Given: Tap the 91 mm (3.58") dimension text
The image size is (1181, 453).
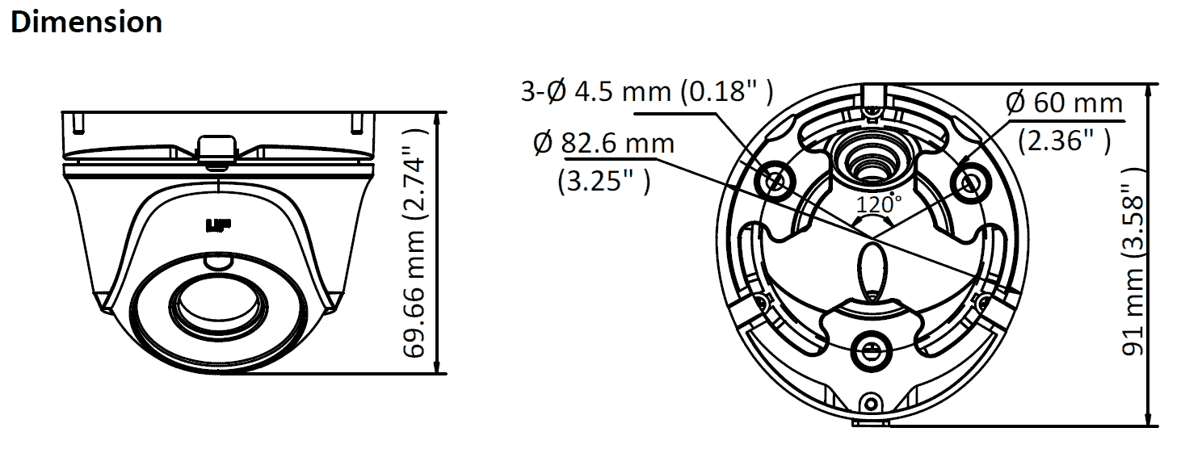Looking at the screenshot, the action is click(1133, 262).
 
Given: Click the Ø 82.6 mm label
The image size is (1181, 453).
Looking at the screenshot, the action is click(603, 143).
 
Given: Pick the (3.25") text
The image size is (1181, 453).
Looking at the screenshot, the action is click(604, 181).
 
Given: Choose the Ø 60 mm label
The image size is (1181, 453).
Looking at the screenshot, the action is click(1065, 103).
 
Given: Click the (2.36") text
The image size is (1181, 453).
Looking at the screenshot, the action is click(1065, 141).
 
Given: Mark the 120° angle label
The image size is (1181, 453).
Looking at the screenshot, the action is click(878, 203).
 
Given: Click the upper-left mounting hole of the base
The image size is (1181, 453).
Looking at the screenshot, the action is click(775, 182).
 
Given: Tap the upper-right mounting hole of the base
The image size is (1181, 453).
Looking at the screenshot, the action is click(971, 182).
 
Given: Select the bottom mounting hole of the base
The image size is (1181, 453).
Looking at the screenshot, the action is click(872, 350).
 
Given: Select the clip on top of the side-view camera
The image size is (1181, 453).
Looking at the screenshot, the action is click(216, 152).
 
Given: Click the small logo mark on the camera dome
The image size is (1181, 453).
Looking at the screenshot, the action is click(218, 226).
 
